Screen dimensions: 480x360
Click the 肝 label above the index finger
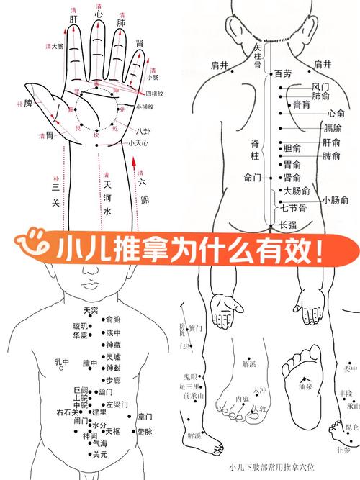pyautogui.click(x=73, y=21)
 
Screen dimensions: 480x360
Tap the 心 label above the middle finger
pyautogui.click(x=99, y=14)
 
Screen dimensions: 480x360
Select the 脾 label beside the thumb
pyautogui.click(x=28, y=104)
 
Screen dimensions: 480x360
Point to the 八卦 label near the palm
pyautogui.click(x=143, y=131)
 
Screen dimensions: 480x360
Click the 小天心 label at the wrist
pyautogui.click(x=138, y=143)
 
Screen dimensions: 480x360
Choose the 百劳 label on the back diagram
pyautogui.click(x=283, y=73)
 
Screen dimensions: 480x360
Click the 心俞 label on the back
pyautogui.click(x=336, y=114)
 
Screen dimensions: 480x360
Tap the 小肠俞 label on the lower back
pyautogui.click(x=336, y=199)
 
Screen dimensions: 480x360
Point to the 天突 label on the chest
pyautogui.click(x=90, y=310)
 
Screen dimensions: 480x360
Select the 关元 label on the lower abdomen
pyautogui.click(x=99, y=455)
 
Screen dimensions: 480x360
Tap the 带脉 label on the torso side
pyautogui.click(x=145, y=433)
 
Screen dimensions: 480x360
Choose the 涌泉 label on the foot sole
pyautogui.click(x=305, y=386)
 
